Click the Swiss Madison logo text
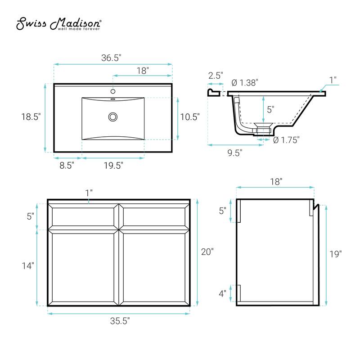point(59,24)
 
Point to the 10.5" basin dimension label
point(189,117)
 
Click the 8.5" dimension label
point(66,165)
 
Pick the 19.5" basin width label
point(113,165)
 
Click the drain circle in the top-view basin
point(112,117)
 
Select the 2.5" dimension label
point(215,75)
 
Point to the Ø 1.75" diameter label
point(286,139)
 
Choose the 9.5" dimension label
point(234,153)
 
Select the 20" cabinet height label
point(207,252)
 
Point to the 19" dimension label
point(335,254)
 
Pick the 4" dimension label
point(222,293)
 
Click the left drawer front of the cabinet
point(83,216)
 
